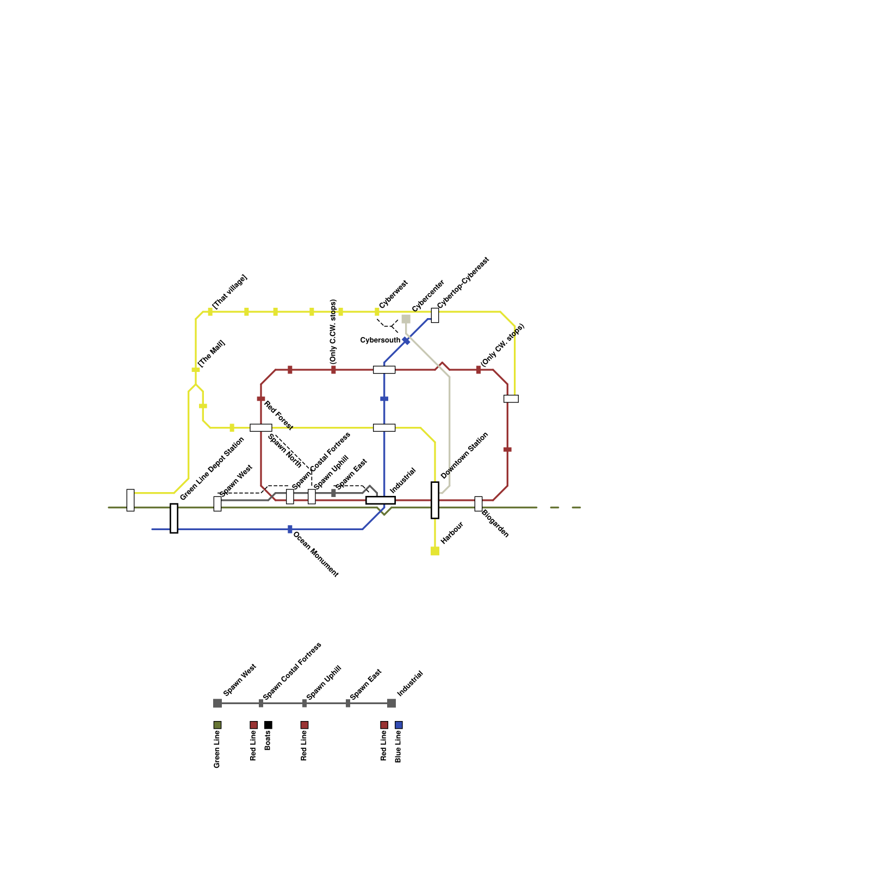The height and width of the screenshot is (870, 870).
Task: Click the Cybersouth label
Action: pos(380,340)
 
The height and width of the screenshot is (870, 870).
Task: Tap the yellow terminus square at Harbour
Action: pos(435,551)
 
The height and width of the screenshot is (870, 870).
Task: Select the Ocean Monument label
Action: pos(316,554)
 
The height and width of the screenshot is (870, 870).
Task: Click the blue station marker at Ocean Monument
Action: pos(290,529)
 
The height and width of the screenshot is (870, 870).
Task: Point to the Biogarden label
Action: pos(495,524)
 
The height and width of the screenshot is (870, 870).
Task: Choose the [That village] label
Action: pos(229,292)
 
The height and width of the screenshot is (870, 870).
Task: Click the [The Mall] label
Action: pos(212,353)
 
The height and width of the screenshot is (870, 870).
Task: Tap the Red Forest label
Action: pos(278,415)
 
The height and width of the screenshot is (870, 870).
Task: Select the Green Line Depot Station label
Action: pos(212,469)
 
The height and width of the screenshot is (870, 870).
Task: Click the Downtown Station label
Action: pos(464,455)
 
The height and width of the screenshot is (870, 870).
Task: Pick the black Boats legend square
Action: pos(268,725)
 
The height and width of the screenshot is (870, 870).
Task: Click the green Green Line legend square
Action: pos(217,725)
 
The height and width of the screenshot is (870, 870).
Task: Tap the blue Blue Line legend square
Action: pos(399,725)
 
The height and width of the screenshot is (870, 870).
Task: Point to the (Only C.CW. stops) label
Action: pos(333,331)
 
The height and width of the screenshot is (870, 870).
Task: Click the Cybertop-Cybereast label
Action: pos(463,283)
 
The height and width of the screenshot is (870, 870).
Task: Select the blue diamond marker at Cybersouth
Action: pos(406,341)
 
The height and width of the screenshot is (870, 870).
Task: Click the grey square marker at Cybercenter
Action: pos(406,319)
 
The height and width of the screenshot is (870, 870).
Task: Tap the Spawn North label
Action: pos(284,451)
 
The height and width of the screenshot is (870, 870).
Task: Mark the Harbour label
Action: pos(452,533)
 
